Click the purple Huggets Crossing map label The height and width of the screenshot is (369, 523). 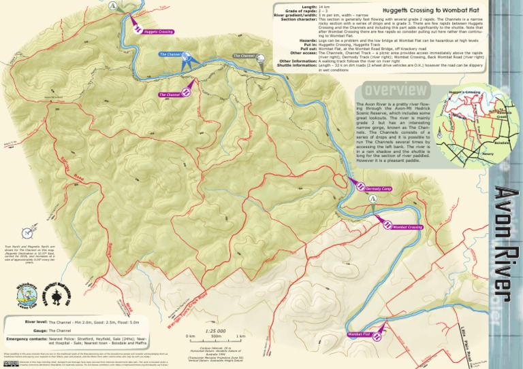click(x=157, y=31)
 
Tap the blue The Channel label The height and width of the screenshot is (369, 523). click(x=169, y=54)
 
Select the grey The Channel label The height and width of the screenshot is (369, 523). click(x=243, y=56)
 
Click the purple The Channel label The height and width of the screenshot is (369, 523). click(x=170, y=95)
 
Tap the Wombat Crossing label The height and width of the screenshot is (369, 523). click(x=407, y=227)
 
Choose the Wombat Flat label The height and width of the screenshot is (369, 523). click(x=358, y=335)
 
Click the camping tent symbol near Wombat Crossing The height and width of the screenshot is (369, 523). click(x=373, y=198)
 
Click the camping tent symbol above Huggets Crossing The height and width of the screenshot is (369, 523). click(x=112, y=5)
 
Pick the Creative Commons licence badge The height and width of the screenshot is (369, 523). click(x=10, y=364)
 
